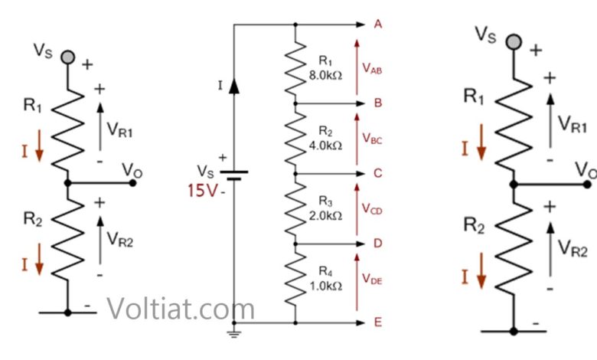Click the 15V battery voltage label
tap(202, 190)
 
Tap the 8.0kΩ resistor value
tap(325, 75)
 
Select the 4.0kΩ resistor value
tap(325, 146)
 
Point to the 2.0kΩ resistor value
tap(325, 216)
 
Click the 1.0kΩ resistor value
tap(325, 286)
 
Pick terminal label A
tap(377, 25)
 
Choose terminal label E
tap(377, 322)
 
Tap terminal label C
tap(377, 173)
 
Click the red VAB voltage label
tap(372, 68)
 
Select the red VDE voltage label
tap(372, 279)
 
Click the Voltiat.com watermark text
tap(180, 308)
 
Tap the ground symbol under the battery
tap(233, 334)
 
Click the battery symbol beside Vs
tap(234, 175)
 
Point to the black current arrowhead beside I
tap(234, 86)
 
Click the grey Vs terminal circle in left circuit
tap(68, 57)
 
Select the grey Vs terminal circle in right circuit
tap(514, 41)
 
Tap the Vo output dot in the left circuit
tap(132, 183)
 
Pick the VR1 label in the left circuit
tap(119, 129)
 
